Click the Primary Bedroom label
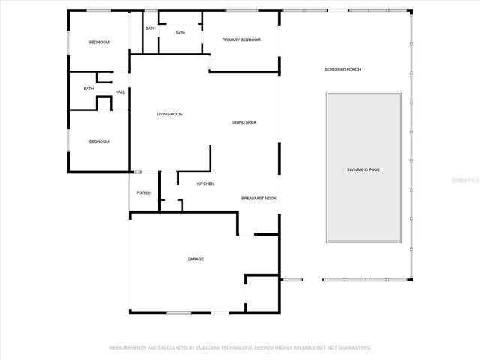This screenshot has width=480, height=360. tap(241, 40)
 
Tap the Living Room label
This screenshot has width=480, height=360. tap(169, 114)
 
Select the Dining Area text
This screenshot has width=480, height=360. tap(244, 122)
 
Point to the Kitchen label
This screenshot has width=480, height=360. tap(205, 184)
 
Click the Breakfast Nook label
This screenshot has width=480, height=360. tap(259, 198)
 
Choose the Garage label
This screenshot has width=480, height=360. tap(196, 259)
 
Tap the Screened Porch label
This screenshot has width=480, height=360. tap(343, 70)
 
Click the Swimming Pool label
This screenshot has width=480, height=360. tap(363, 170)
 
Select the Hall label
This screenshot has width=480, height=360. tap(120, 92)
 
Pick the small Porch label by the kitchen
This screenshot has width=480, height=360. tap(143, 193)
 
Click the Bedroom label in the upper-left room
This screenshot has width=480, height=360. tap(99, 43)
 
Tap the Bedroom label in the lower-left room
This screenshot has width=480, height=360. tap(99, 142)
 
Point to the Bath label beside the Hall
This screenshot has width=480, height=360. tap(88, 88)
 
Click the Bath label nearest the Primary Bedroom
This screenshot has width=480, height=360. tap(180, 33)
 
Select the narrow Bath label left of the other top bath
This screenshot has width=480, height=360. tap(150, 28)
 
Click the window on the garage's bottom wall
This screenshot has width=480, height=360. tap(178, 313)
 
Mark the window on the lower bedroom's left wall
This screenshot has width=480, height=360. tap(68, 140)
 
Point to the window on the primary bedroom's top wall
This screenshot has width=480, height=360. tap(241, 10)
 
